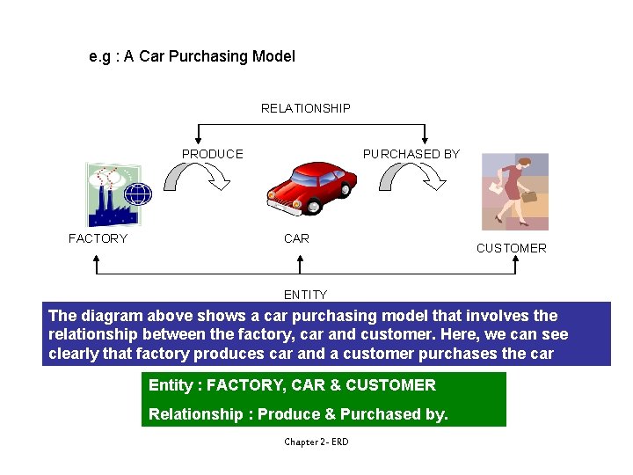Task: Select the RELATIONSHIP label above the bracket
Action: [305, 108]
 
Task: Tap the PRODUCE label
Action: [212, 154]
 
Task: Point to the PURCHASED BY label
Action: [411, 154]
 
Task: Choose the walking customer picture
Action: [514, 192]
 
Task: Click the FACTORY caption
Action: [98, 238]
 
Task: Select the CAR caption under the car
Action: [296, 238]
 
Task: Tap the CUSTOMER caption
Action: [511, 248]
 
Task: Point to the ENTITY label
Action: [305, 295]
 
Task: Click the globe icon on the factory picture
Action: [139, 194]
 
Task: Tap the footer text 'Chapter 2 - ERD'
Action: [316, 442]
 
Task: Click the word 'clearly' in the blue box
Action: [75, 354]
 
